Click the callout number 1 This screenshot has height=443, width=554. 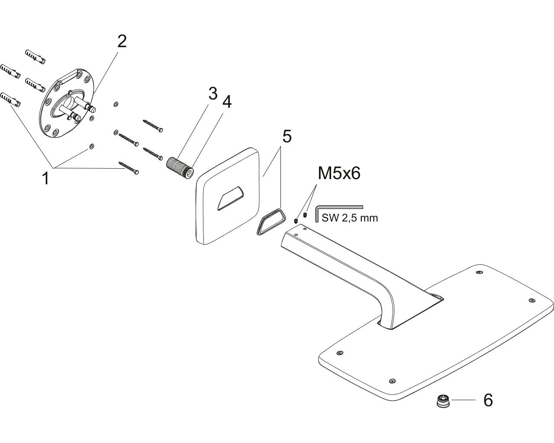point(46,179)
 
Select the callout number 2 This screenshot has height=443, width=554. point(122,42)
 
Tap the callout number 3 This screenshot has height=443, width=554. point(213,93)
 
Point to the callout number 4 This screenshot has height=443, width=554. point(227,102)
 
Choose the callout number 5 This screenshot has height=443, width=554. point(287,136)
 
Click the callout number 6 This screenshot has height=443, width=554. point(488,400)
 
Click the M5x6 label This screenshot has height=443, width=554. point(339,173)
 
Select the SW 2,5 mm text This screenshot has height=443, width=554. point(350,218)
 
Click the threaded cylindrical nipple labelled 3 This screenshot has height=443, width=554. point(180,168)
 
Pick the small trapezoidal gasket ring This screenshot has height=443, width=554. point(271,221)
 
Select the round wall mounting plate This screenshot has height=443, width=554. point(67,103)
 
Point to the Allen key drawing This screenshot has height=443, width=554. point(339,213)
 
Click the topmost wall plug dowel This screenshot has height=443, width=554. point(35,57)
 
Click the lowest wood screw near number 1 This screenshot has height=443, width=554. point(129,168)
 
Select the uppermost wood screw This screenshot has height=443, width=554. point(153,126)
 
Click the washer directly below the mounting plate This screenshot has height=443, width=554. point(91,146)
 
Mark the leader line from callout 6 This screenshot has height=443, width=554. point(464,400)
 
